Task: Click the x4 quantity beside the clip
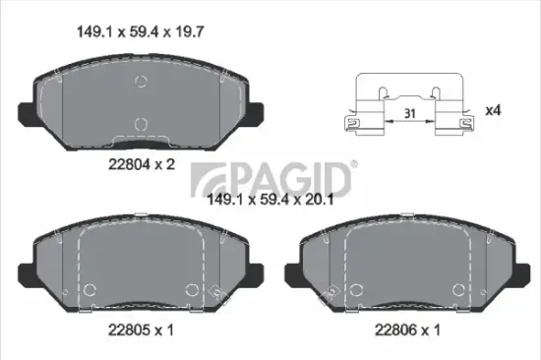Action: [494, 111]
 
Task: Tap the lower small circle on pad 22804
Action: [140, 124]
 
